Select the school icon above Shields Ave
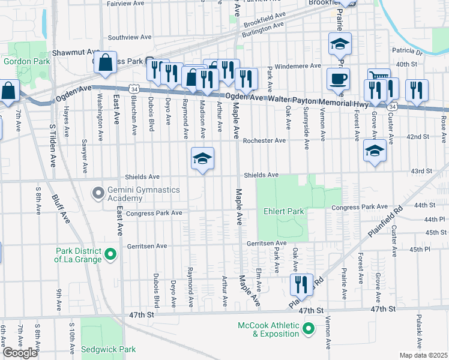pos(203,158)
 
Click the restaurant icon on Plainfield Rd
pos(302,284)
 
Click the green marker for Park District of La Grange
pos(110,255)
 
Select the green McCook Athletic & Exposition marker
pos(308,328)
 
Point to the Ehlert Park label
pos(283,211)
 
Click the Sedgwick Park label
pos(109,349)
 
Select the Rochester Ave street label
pos(264,140)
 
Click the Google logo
pos(19,353)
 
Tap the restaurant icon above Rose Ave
pos(417,90)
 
